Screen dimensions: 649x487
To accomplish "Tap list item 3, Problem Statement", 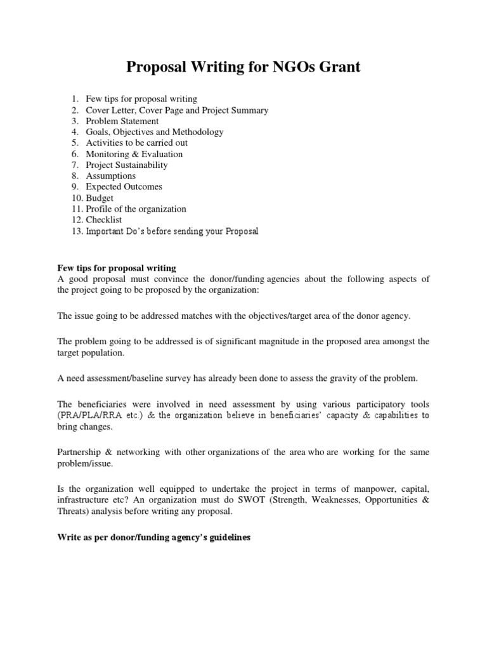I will pos(122,121).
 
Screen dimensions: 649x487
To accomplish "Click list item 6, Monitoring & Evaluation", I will pos(134,154).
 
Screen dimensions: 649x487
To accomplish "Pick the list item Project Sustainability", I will pos(127,165).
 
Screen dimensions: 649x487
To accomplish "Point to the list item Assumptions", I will pos(111,176).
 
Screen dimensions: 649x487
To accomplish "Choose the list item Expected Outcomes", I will pos(124,187).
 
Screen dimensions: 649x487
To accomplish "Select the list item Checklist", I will pos(104,220).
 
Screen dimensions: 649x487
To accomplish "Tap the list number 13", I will pos(77,231).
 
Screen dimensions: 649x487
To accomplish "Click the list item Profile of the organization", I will pos(136,209).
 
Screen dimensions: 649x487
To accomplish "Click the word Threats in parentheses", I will pos(71,511).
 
